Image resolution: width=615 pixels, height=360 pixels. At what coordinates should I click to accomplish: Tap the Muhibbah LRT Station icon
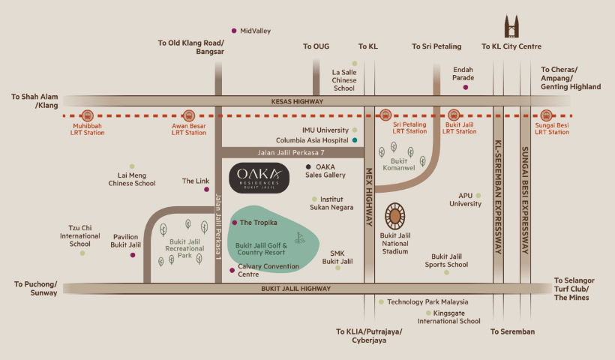tap(88, 116)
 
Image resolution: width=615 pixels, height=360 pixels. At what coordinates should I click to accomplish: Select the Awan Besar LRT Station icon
tap(188, 116)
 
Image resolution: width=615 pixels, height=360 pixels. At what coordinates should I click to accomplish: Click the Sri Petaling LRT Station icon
tap(385, 115)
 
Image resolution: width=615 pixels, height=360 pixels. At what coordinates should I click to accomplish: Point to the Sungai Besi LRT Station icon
tap(546, 115)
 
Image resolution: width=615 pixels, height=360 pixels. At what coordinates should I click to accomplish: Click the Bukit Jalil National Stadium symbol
tap(395, 217)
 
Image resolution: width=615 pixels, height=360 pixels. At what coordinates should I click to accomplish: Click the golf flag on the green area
tap(300, 238)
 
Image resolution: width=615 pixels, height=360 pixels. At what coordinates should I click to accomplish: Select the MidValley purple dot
tap(234, 31)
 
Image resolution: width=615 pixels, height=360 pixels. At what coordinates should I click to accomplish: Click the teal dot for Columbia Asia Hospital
tap(355, 139)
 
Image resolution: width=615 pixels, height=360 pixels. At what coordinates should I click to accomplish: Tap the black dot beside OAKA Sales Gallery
tap(308, 167)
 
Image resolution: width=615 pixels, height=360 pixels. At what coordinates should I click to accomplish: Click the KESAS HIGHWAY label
tap(298, 101)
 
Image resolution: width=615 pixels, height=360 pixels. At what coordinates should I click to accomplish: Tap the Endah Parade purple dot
tap(465, 87)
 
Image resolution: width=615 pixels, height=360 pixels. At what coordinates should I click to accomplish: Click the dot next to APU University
tap(477, 196)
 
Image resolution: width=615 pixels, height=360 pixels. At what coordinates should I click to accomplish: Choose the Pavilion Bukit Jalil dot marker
tap(133, 255)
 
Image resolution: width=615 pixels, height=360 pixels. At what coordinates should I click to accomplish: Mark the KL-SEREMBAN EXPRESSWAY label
tap(497, 196)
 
